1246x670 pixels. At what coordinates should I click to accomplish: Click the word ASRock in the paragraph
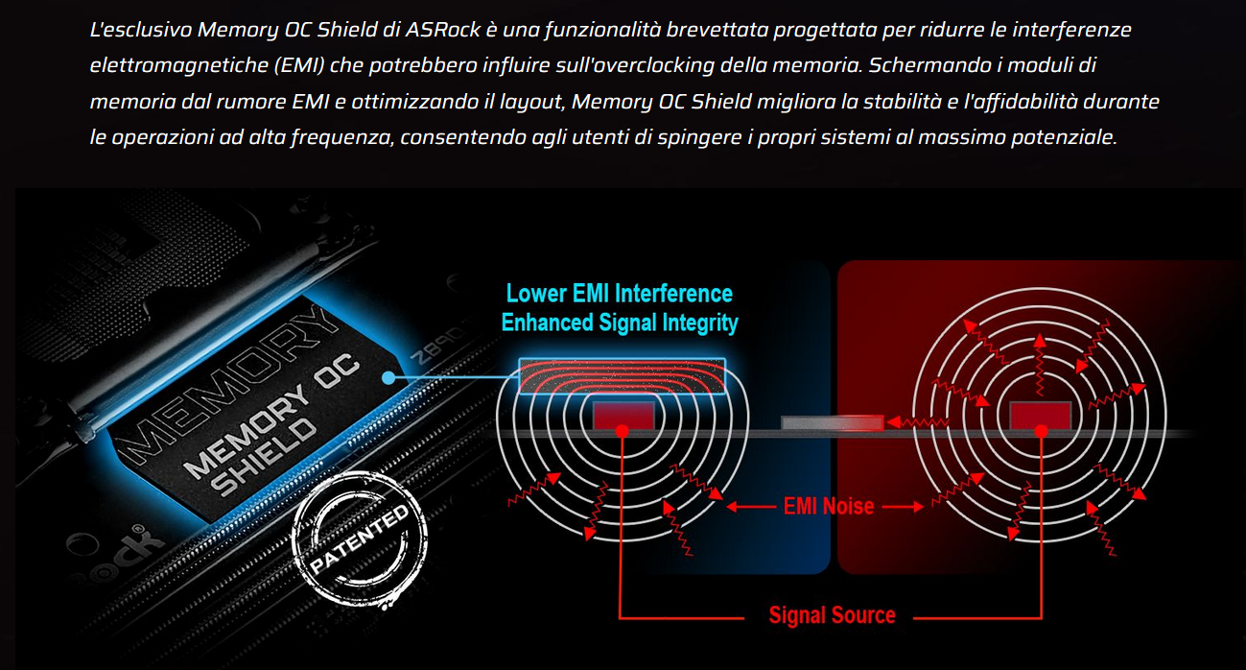point(443,30)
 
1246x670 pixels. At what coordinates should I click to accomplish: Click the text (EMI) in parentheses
point(299,65)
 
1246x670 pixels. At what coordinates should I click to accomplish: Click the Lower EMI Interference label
point(619,294)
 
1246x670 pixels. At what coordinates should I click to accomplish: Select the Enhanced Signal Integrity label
point(620,323)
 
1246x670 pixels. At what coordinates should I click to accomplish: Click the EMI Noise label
point(828,507)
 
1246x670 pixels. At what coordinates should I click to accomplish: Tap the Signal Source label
point(833,615)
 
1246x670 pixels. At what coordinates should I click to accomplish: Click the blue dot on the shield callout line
point(388,378)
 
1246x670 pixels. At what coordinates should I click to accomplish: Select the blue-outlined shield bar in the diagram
point(622,376)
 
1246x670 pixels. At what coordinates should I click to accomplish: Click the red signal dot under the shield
point(623,431)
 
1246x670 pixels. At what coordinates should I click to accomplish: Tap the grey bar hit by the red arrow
point(833,423)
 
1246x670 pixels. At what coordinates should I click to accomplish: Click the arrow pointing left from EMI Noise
point(750,507)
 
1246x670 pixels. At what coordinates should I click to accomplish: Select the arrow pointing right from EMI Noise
point(903,507)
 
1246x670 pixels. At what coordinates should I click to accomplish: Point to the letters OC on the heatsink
point(337,371)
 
